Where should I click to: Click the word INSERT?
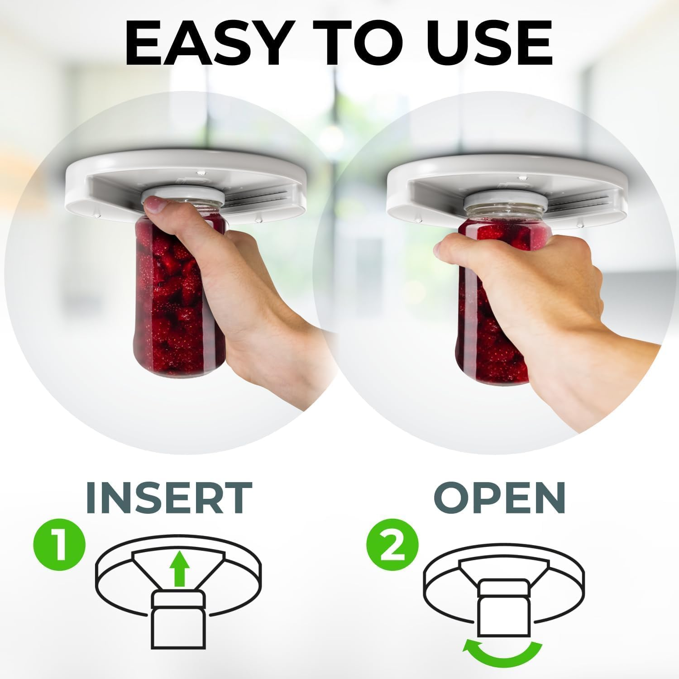(x=168, y=498)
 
